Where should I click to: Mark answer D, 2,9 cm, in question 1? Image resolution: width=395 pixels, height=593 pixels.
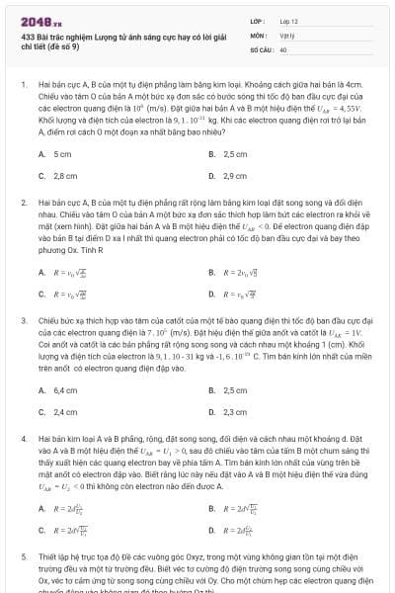[235, 176]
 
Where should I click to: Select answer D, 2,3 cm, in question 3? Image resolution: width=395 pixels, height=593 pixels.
[235, 411]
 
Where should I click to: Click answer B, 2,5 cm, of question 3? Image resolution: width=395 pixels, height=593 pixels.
[235, 390]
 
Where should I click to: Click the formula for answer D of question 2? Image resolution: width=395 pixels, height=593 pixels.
[241, 294]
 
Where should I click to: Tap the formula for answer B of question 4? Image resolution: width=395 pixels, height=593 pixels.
[242, 508]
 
